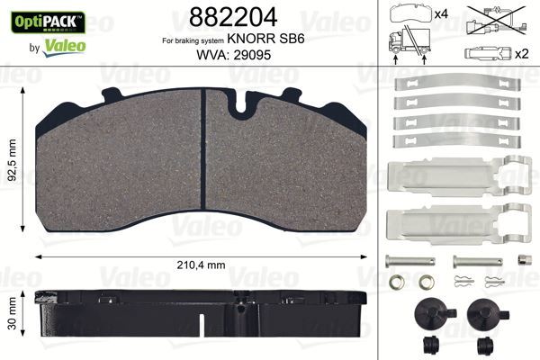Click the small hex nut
point(521,260)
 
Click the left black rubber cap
point(427,312)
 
